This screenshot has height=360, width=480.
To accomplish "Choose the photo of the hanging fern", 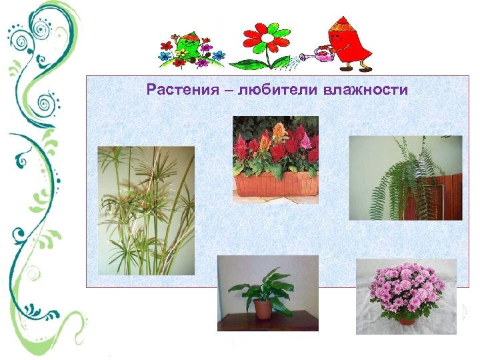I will point(405,177).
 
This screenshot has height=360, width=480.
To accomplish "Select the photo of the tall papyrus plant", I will point(146,209).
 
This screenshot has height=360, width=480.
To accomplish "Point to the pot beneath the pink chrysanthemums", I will point(406,319).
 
